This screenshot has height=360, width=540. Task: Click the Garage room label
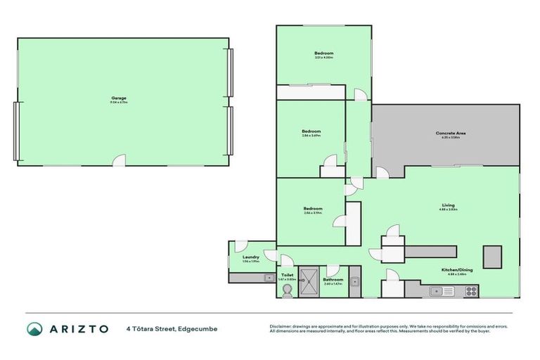click(118, 98)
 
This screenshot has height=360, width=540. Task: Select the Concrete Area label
click(451, 133)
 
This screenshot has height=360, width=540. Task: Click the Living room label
click(449, 205)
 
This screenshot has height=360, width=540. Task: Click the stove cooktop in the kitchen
click(471, 290)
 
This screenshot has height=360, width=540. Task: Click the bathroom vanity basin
click(355, 283)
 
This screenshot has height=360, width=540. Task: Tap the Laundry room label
click(251, 257)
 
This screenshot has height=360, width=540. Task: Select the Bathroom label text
click(333, 279)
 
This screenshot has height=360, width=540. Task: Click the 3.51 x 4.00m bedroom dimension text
click(323, 58)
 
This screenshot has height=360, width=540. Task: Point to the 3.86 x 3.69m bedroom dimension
click(311, 136)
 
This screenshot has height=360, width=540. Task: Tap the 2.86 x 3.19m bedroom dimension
click(313, 212)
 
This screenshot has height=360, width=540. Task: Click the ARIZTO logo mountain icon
click(34, 329)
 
